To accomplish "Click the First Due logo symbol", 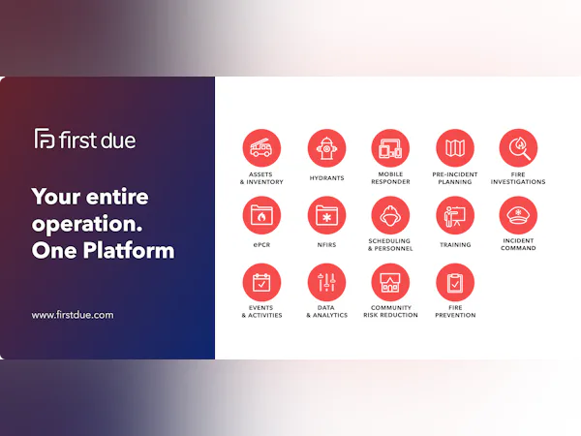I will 45,140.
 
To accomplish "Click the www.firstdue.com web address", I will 73,315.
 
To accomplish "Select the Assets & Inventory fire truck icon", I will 261,149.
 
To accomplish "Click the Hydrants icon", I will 326,149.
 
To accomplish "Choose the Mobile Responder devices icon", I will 390,149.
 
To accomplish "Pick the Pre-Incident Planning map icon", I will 454,149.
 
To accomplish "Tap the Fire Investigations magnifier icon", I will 518,149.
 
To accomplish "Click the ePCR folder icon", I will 261,216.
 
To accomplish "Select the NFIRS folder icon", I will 326,216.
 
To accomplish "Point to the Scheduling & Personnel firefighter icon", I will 390,214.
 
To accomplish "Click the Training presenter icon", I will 454,216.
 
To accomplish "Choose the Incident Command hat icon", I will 518,216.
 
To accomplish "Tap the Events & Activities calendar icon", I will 261,283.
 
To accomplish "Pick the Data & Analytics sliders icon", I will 326,283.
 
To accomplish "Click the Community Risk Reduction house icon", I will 390,283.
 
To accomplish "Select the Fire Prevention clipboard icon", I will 454,283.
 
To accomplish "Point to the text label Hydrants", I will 326,178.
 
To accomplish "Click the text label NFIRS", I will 326,245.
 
